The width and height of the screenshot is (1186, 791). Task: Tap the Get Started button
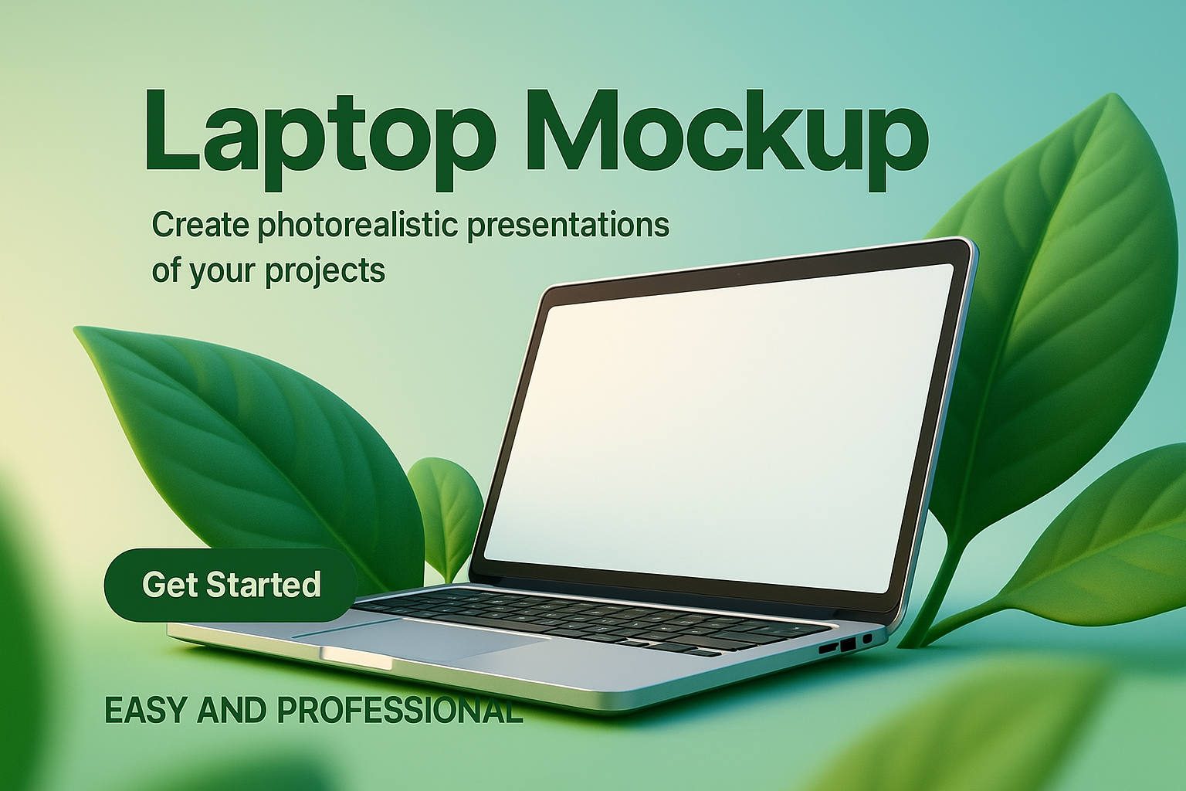(232, 585)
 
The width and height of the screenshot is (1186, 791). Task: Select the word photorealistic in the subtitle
(358, 226)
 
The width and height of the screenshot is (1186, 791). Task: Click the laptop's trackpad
(424, 638)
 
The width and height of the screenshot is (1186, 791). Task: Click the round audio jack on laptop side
(867, 638)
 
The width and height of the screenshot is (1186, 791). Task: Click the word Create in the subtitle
(201, 224)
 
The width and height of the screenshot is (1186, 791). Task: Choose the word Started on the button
(263, 585)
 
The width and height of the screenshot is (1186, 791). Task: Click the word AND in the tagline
(232, 710)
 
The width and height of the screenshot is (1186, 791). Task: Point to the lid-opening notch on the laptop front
(357, 659)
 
